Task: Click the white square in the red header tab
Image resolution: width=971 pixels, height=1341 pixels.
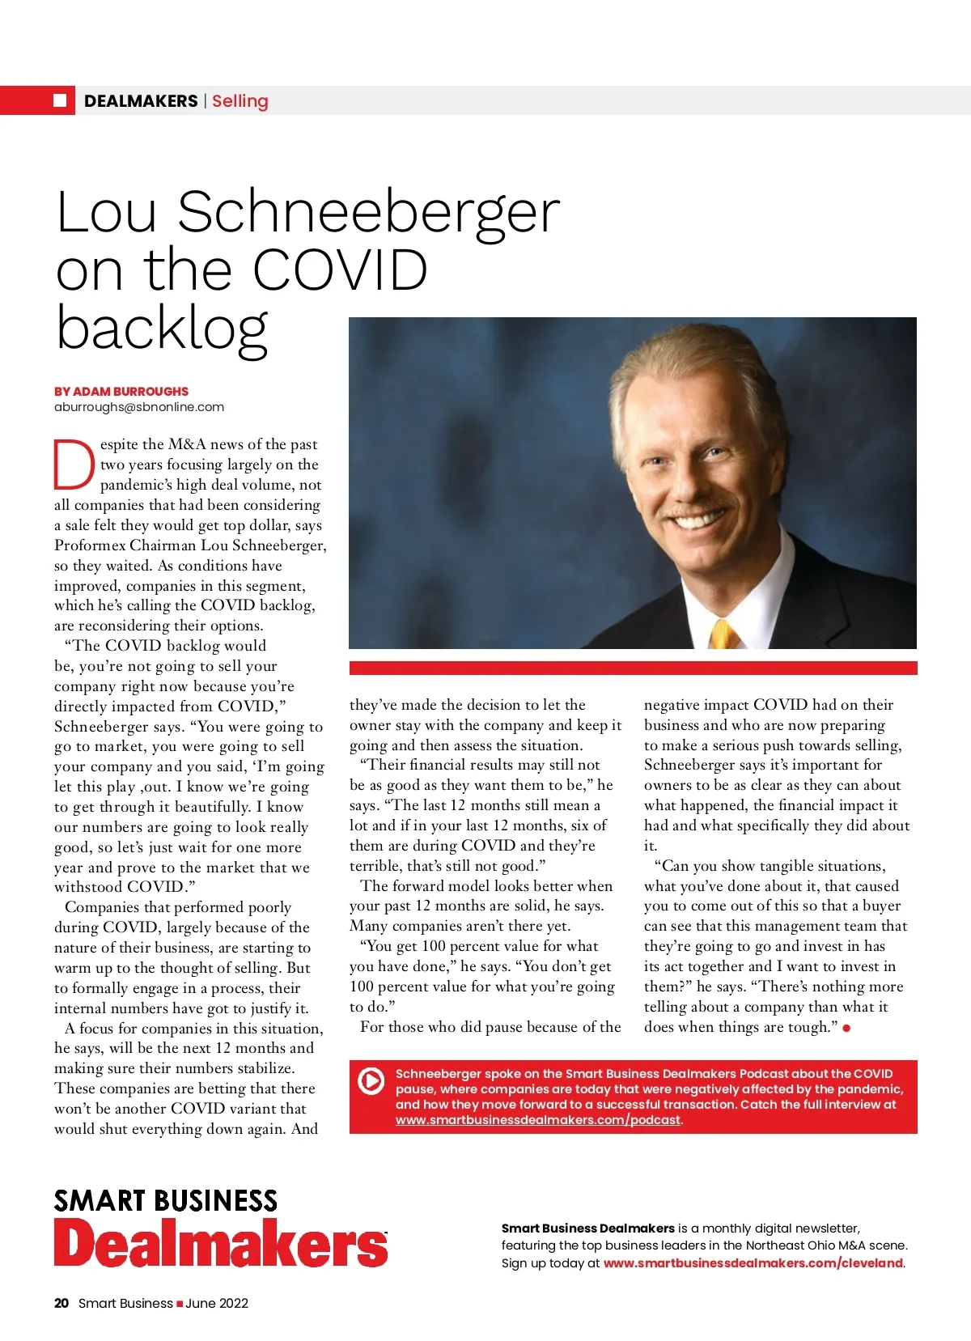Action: (x=60, y=100)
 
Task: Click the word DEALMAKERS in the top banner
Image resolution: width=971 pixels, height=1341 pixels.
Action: (x=141, y=101)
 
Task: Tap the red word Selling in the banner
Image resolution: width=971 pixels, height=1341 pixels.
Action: (x=240, y=101)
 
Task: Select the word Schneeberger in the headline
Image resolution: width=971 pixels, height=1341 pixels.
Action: (x=368, y=212)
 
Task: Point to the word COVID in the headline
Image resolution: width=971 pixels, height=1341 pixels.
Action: (x=340, y=269)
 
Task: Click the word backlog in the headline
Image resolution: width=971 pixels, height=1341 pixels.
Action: (x=162, y=328)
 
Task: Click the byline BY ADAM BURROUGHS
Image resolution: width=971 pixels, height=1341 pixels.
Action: (x=121, y=391)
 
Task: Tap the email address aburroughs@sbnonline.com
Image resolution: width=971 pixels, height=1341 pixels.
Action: (x=139, y=407)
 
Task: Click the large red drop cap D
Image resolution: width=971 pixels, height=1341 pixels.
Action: (x=74, y=465)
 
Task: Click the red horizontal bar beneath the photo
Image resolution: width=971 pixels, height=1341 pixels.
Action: (x=633, y=668)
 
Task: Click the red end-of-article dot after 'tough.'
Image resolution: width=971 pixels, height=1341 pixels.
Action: (x=846, y=1028)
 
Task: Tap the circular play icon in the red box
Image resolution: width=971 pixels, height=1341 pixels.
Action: (x=371, y=1081)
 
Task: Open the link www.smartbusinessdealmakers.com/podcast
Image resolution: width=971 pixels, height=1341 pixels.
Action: (x=538, y=1120)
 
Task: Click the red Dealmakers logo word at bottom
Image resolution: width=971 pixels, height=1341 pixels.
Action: (x=221, y=1243)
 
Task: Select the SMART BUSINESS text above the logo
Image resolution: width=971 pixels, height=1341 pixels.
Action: (x=166, y=1200)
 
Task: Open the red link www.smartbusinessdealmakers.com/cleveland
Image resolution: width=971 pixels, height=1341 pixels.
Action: (x=753, y=1262)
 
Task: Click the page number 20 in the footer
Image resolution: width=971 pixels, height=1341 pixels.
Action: (x=61, y=1303)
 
